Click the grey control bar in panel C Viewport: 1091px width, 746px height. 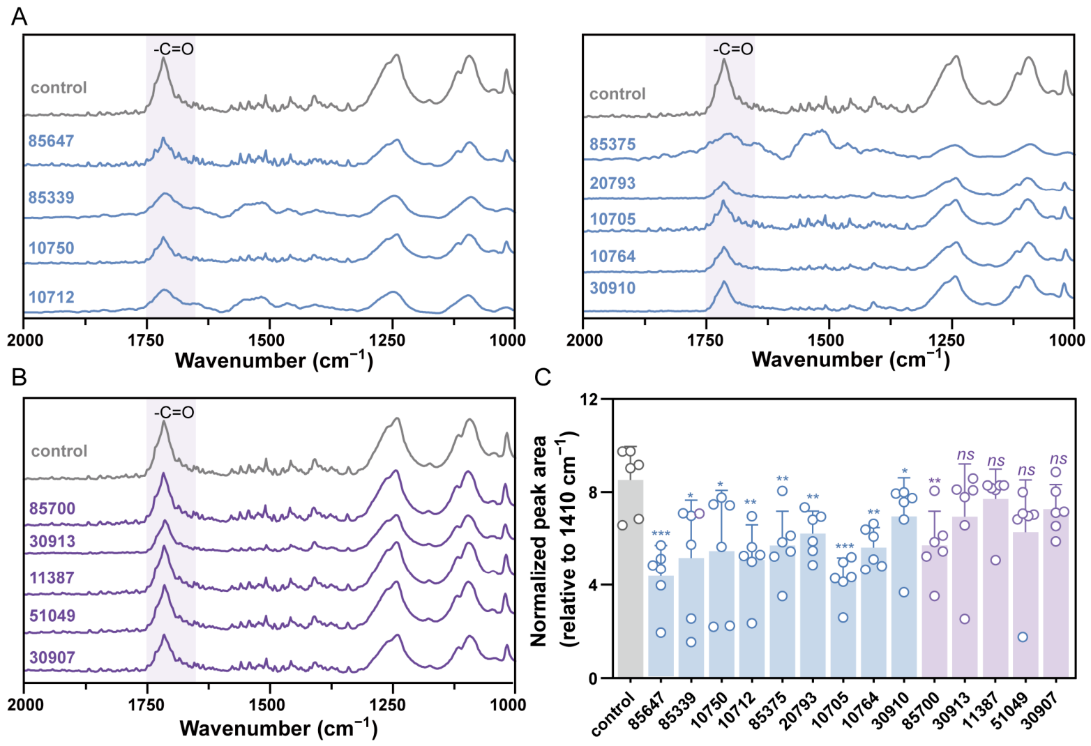click(631, 579)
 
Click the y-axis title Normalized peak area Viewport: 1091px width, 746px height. click(539, 540)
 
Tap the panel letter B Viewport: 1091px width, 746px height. click(19, 377)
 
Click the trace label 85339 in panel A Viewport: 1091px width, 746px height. click(51, 197)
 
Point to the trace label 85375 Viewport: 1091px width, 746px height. click(612, 144)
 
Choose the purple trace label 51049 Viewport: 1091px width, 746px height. click(52, 616)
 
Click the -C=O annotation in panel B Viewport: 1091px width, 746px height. click(174, 413)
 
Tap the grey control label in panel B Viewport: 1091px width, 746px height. click(59, 451)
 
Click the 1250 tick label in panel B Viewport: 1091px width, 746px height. click(393, 705)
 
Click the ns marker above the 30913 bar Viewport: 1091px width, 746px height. click(965, 455)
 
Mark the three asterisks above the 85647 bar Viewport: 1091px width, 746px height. click(661, 533)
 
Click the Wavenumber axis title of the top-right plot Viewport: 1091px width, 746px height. click(850, 360)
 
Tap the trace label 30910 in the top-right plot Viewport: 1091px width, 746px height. click(612, 288)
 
